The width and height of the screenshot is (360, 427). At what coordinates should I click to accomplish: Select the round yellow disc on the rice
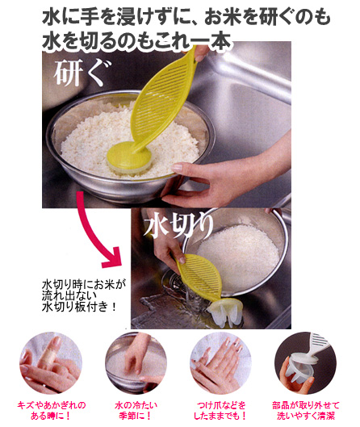click(129, 157)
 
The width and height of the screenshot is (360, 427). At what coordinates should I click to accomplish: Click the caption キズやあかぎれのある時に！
click(51, 410)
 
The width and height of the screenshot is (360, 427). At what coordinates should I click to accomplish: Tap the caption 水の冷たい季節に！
click(136, 410)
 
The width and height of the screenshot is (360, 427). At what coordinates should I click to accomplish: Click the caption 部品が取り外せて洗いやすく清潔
click(306, 410)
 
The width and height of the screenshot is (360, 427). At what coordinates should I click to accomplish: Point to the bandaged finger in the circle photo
click(52, 352)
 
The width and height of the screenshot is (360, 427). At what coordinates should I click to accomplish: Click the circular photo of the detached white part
click(306, 362)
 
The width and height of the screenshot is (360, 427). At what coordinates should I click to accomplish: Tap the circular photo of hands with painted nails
click(220, 362)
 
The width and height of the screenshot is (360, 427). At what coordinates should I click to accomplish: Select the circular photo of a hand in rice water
click(136, 362)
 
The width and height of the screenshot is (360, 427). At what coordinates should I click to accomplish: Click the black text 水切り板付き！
click(80, 307)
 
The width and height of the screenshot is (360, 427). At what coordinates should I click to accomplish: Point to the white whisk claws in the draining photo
click(225, 313)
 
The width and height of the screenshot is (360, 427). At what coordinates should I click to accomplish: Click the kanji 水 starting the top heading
click(51, 18)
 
